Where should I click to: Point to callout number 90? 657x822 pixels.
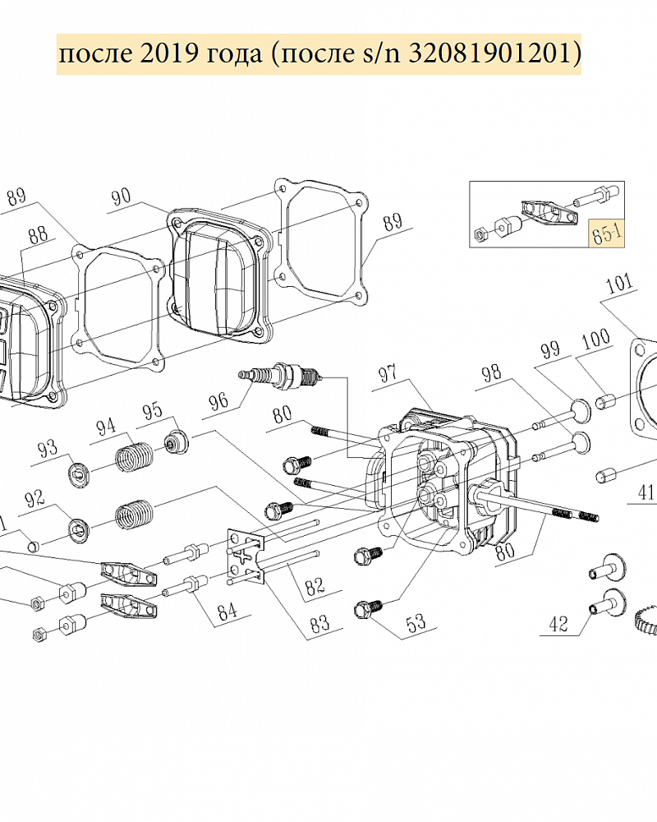122,197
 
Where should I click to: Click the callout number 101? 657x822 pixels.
619,285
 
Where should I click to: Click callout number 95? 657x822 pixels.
153,412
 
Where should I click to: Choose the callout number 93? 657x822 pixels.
48,450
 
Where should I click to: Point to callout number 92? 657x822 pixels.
35,500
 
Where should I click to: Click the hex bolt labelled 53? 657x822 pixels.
369,610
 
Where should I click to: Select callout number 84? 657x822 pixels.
227,612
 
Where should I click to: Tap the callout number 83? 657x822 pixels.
319,623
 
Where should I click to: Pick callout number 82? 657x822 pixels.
315,587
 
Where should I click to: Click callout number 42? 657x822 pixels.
558,623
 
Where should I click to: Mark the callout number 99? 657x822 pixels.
550,349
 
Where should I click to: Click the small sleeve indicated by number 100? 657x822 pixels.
605,402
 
